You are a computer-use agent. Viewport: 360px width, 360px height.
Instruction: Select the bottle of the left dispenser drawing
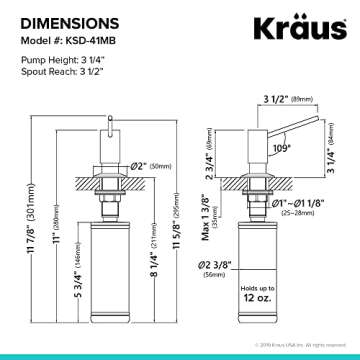point(108,271)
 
